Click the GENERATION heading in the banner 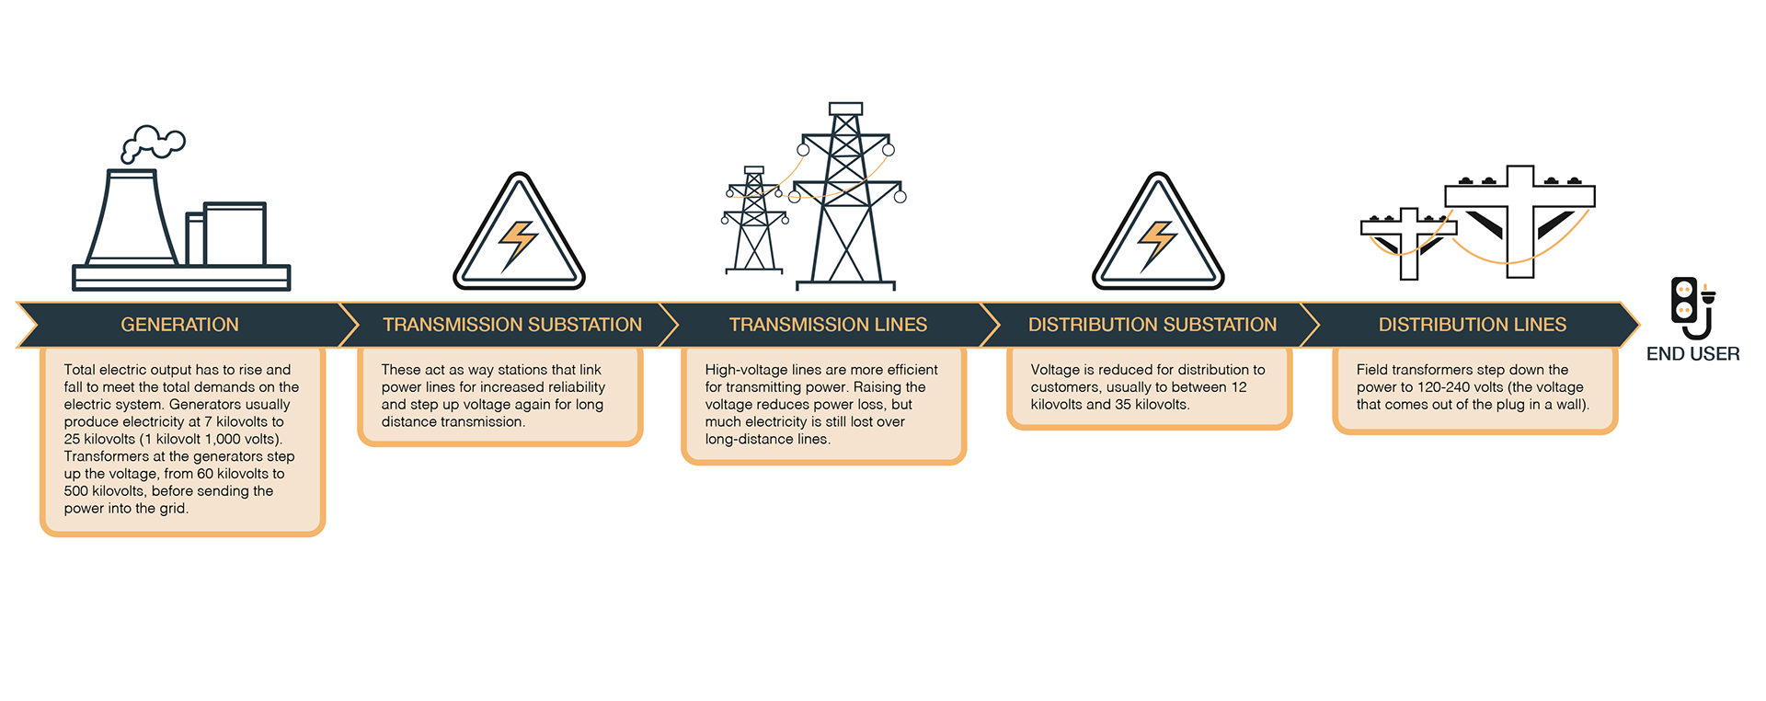(179, 325)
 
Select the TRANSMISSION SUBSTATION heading (512, 325)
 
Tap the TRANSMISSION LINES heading (828, 325)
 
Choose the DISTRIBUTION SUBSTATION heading (1152, 325)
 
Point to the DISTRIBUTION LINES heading (1472, 325)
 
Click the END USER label (1692, 353)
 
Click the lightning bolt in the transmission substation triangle (518, 244)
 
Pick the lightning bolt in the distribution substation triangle (1156, 244)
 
